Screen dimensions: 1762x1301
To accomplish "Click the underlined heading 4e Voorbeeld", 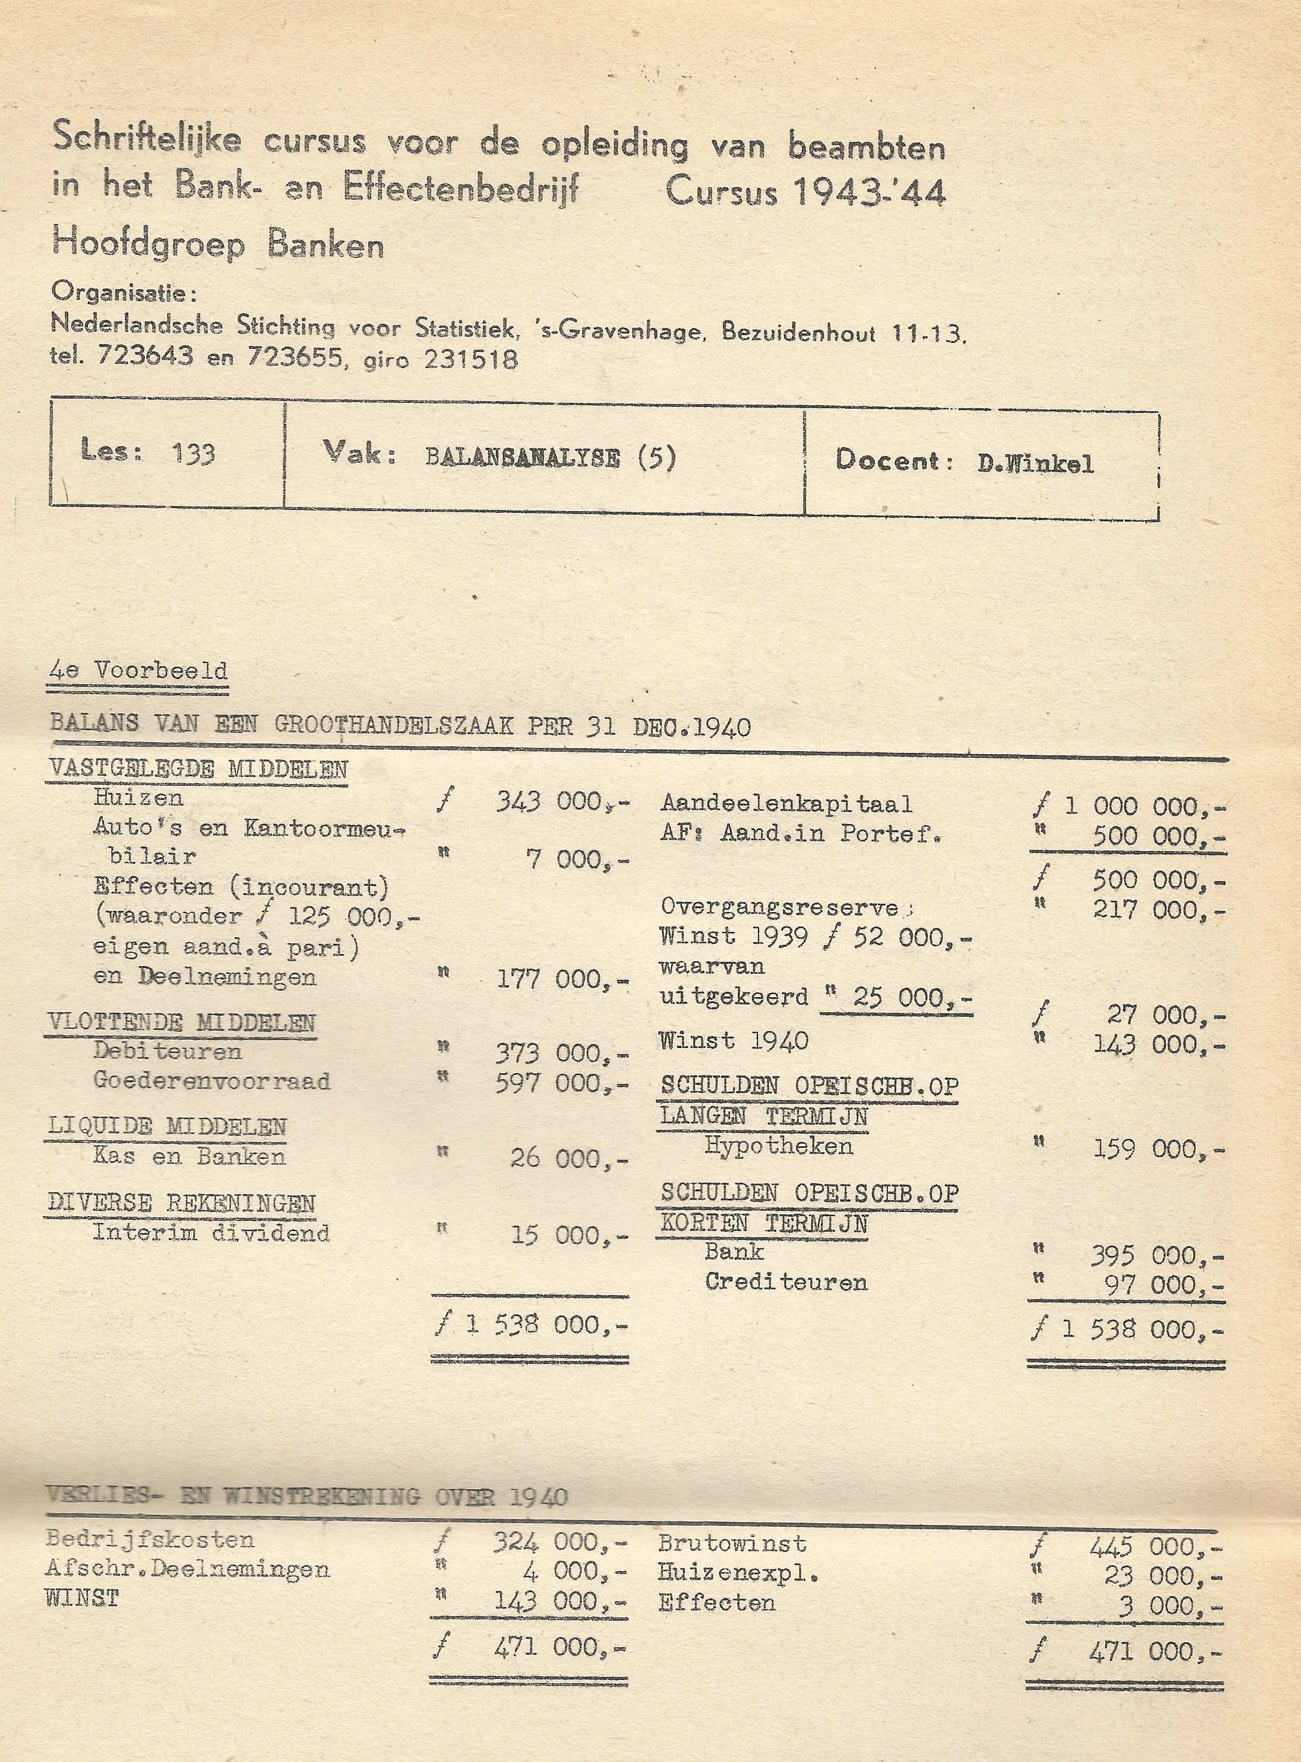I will click(x=138, y=672).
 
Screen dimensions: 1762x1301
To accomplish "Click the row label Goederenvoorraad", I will click(x=211, y=1080).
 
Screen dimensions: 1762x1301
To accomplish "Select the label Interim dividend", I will click(x=211, y=1232).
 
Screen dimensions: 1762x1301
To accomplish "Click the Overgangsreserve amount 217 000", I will click(x=1158, y=911).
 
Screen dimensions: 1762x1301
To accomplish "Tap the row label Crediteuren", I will click(x=786, y=1282).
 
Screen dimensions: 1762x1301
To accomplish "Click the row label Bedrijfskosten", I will click(x=150, y=1539).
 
